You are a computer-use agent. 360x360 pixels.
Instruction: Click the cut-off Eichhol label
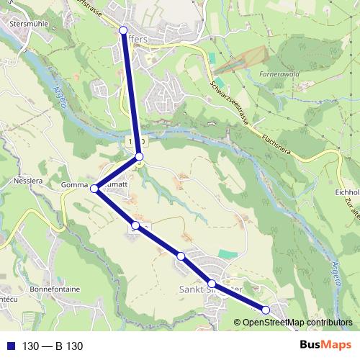tap(347, 193)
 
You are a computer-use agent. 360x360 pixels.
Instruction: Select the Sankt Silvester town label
tap(209, 289)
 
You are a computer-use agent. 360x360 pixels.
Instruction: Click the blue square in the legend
tap(9, 346)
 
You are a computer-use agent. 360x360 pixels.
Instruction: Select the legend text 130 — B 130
tap(53, 346)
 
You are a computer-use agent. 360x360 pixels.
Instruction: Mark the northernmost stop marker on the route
tap(123, 30)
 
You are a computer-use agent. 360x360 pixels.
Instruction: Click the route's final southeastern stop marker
tap(266, 310)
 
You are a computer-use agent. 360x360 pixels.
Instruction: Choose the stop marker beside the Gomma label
tap(94, 189)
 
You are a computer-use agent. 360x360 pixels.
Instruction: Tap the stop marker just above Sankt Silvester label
tap(212, 283)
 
